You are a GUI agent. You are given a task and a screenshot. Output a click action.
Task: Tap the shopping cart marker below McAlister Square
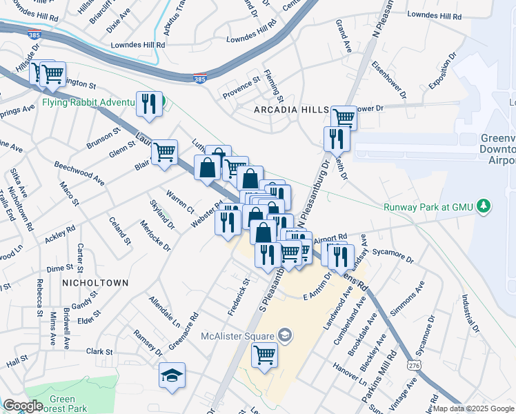pos(264,356)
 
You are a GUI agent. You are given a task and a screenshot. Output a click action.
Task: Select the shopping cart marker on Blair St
pos(164,152)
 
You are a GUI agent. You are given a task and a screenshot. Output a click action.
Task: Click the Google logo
pos(23,406)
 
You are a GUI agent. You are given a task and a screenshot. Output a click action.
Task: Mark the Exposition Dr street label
pos(443,73)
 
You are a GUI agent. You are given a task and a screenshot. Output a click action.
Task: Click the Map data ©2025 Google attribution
pos(473,408)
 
